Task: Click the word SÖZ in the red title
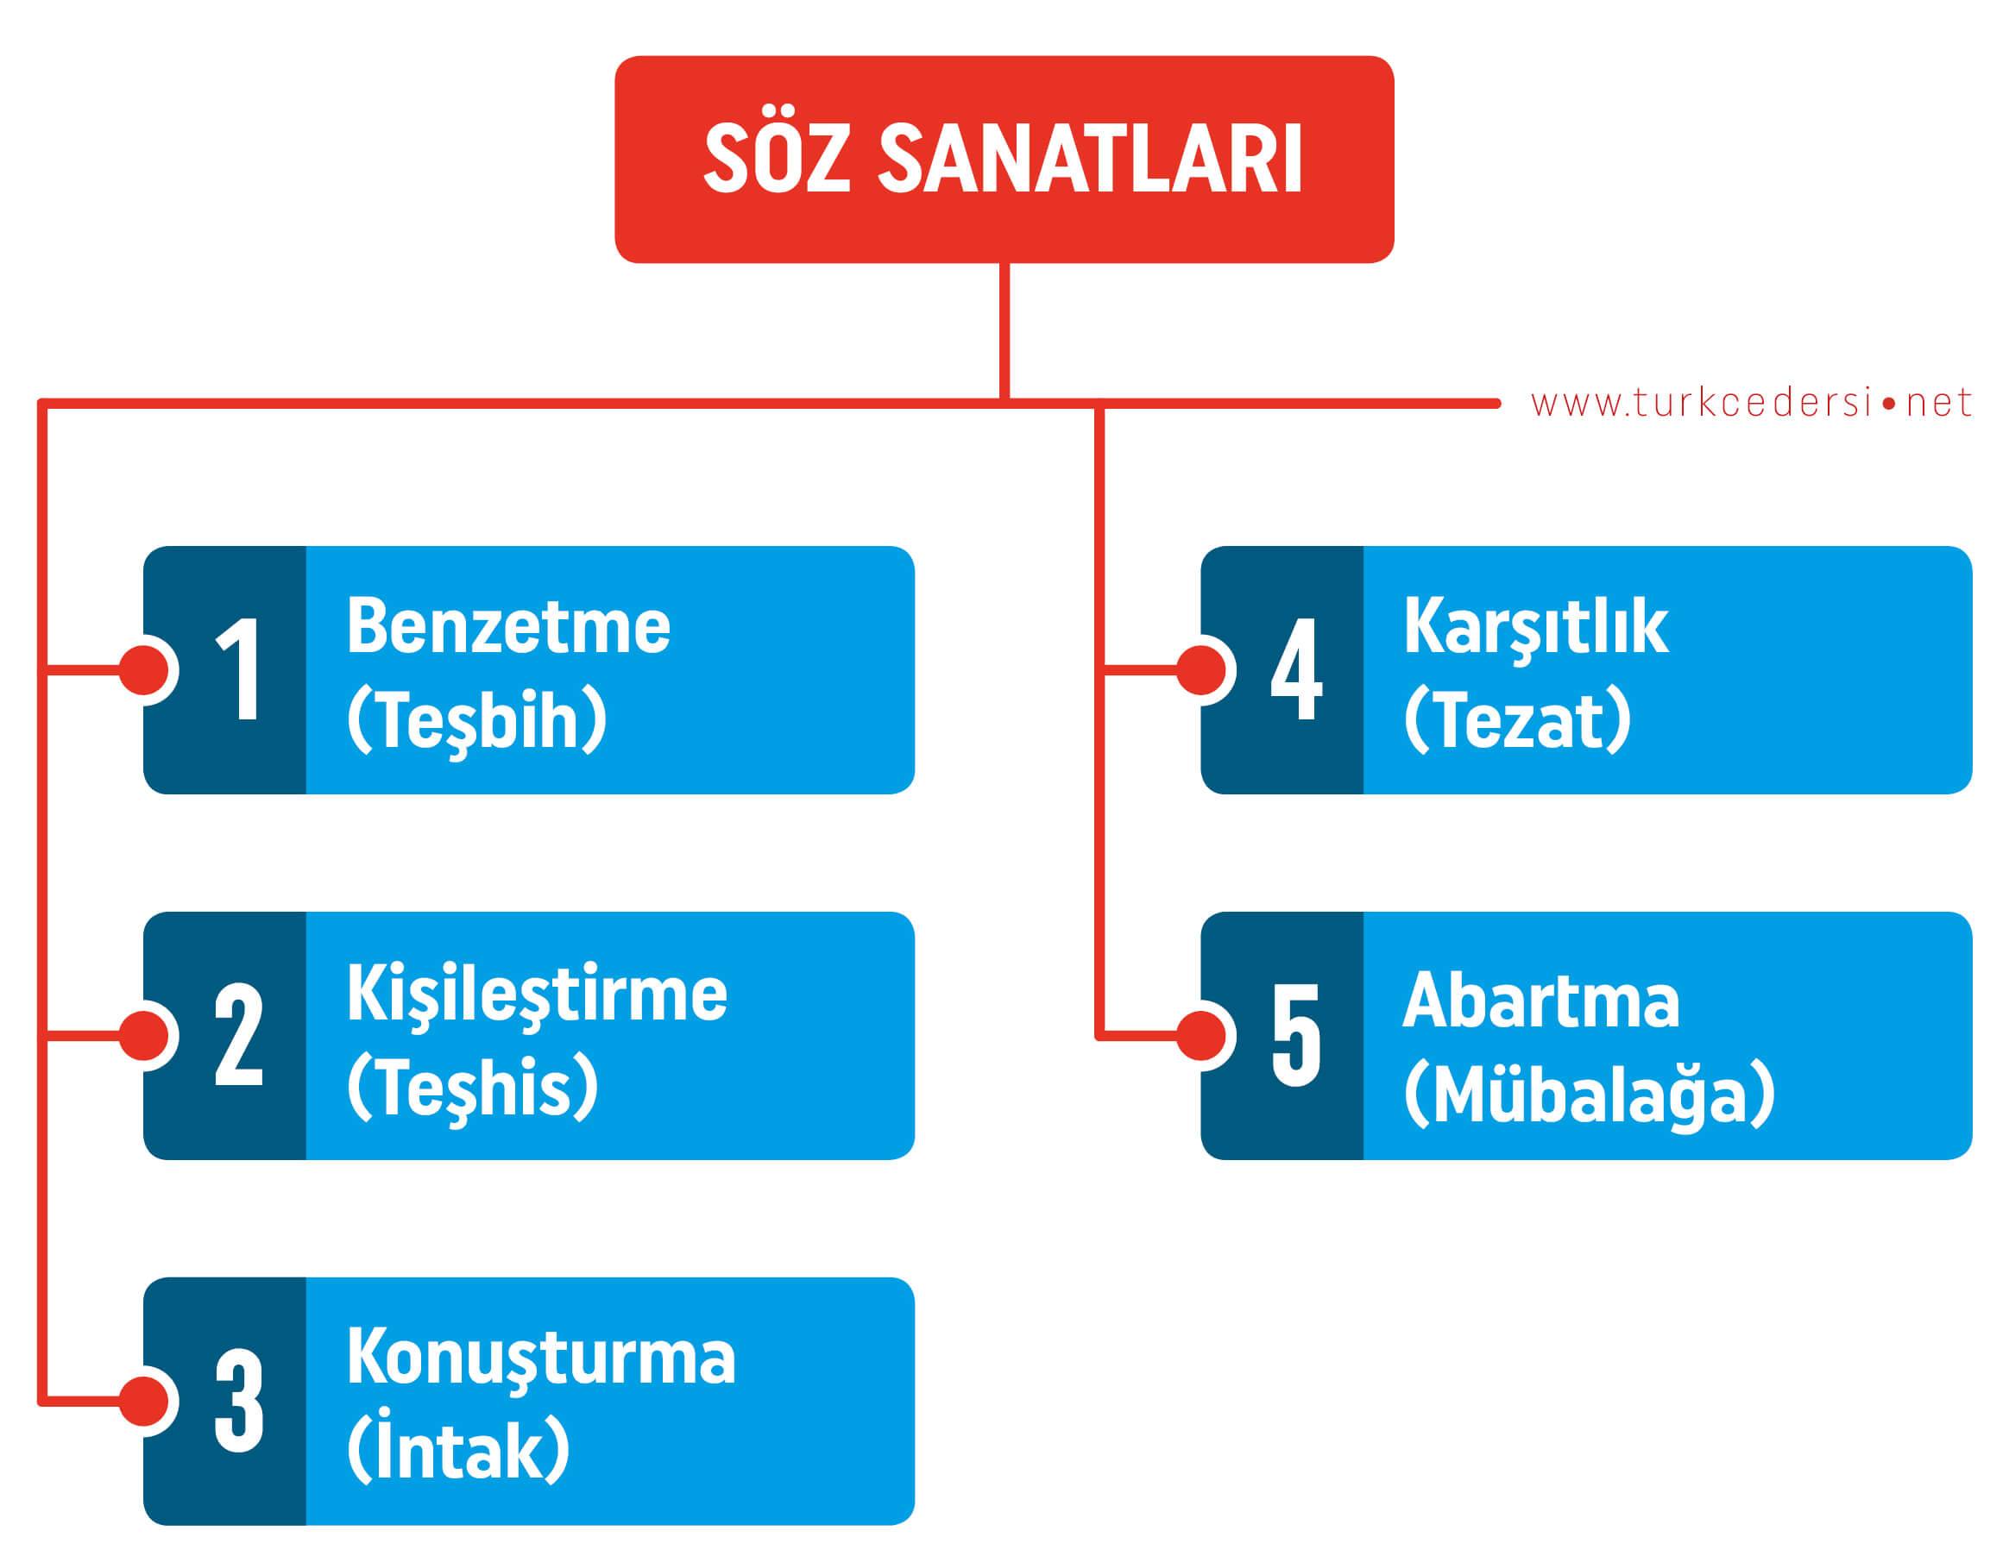(x=777, y=158)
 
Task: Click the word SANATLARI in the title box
(x=1091, y=159)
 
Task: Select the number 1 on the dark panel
(x=238, y=668)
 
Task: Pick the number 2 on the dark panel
(x=238, y=1034)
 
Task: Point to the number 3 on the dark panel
(x=238, y=1401)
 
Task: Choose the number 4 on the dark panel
(x=1296, y=668)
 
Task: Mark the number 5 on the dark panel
(x=1296, y=1034)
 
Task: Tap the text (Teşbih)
(x=477, y=721)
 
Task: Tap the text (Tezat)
(x=1518, y=719)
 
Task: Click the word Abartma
(x=1542, y=1000)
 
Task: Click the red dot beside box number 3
(x=143, y=1402)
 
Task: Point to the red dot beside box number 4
(x=1201, y=670)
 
